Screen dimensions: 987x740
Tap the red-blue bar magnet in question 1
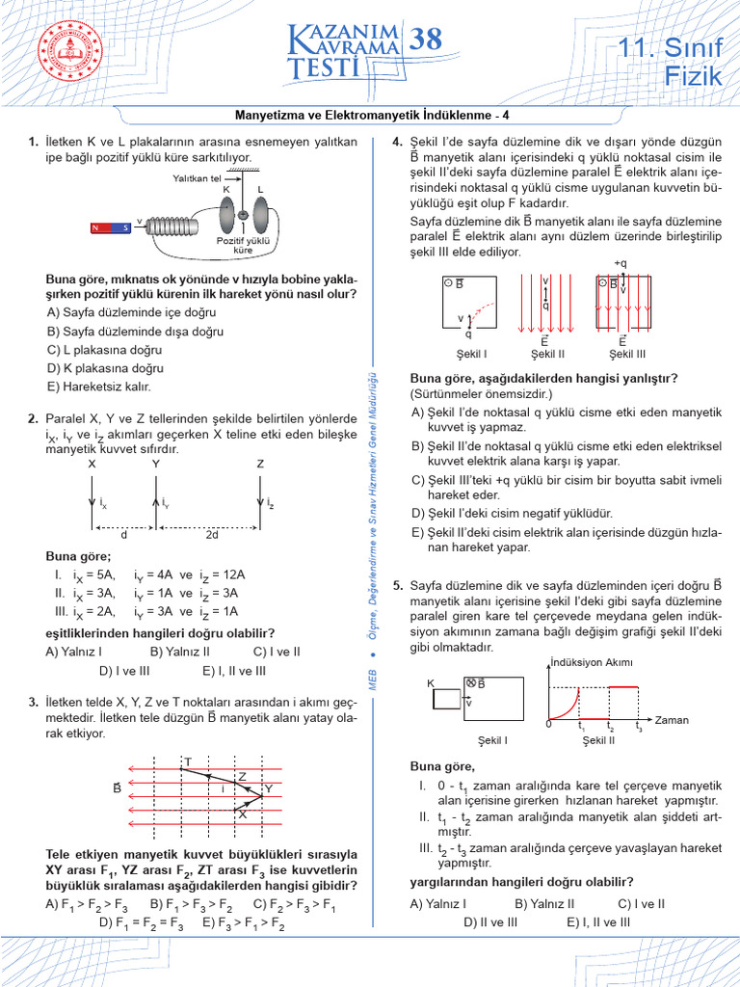[x=111, y=228]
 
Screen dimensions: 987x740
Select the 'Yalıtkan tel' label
[x=197, y=178]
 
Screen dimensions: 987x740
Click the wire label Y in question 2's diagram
[x=156, y=464]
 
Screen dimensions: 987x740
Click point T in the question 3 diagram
[x=188, y=762]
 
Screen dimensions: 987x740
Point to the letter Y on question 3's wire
[x=269, y=788]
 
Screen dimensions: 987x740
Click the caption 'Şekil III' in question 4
[x=622, y=353]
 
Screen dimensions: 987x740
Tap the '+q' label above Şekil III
[x=621, y=263]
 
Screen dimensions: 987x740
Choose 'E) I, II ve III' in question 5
[x=598, y=921]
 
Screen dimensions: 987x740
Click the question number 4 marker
[x=396, y=142]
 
